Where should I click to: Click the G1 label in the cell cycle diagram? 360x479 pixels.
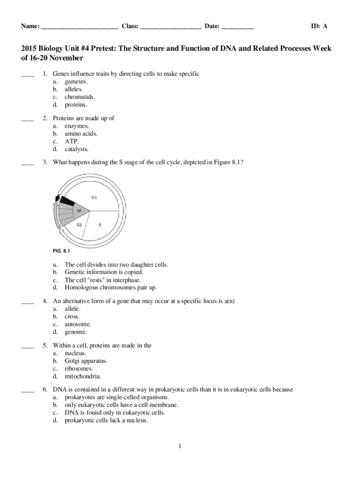pos(94,197)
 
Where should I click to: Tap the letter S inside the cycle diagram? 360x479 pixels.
pos(100,225)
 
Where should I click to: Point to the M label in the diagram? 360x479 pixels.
pos(79,211)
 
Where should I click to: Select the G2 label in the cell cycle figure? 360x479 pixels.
pos(79,225)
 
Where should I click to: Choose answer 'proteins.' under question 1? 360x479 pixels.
pos(76,105)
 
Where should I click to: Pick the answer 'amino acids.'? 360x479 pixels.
pos(81,134)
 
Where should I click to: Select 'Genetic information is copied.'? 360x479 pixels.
pos(104,272)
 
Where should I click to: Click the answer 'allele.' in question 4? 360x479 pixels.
pos(72,309)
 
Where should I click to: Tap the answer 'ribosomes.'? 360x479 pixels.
pos(79,369)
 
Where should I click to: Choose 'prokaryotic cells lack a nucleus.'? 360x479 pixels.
pos(106,421)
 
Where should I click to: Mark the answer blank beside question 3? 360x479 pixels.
pos(28,164)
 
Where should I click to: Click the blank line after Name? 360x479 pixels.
pos(79,27)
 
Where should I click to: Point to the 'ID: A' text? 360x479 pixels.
pos(319,26)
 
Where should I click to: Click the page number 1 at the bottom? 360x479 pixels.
pos(180,447)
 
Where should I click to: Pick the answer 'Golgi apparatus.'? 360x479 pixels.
pos(86,361)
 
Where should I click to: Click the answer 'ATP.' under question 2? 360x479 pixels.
pos(72,141)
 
